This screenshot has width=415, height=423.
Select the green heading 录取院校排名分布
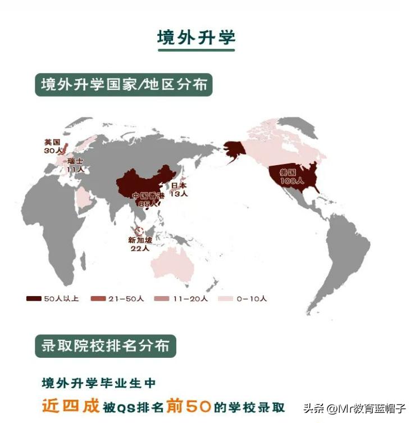pos(105,345)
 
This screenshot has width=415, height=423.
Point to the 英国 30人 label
pos(52,146)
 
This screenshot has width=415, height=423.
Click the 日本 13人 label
pos(179,189)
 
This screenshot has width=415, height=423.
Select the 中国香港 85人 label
pos(148,200)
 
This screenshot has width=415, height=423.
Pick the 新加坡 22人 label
pos(139,244)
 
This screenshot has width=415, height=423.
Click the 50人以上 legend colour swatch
pos(34,299)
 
